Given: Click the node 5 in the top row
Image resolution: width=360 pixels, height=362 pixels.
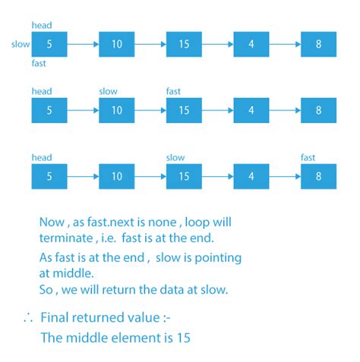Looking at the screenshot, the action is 49,44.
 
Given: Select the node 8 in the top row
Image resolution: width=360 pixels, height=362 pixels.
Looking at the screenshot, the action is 318,44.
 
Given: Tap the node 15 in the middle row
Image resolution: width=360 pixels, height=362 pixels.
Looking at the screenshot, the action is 184,110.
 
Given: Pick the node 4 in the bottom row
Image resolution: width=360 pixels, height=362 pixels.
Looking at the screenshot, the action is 251,176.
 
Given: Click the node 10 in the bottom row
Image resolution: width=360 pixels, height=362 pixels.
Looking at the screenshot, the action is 117,176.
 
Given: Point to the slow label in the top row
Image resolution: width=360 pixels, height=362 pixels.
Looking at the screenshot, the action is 21,44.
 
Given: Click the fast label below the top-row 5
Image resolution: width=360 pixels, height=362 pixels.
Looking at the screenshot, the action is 39,63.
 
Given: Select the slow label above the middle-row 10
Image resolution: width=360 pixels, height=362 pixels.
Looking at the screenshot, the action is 108,91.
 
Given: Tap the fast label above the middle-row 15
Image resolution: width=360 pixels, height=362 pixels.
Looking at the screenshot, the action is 173,91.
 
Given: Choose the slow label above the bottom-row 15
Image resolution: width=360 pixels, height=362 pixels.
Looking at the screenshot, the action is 175,158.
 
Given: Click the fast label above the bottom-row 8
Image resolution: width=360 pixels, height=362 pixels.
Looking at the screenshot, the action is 308,158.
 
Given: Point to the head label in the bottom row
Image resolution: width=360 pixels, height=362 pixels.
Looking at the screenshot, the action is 42,158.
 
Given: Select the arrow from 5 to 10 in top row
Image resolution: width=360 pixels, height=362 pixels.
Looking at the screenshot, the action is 83,45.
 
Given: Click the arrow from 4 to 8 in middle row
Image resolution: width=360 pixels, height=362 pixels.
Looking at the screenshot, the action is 285,111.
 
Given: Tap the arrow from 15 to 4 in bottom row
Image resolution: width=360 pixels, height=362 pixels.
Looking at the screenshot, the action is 218,177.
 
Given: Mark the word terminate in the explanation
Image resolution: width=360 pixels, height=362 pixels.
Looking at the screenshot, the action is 66,238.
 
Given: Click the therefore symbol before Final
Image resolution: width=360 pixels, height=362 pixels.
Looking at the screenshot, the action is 28,317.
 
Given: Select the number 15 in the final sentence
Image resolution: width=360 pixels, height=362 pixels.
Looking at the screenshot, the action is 184,338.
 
